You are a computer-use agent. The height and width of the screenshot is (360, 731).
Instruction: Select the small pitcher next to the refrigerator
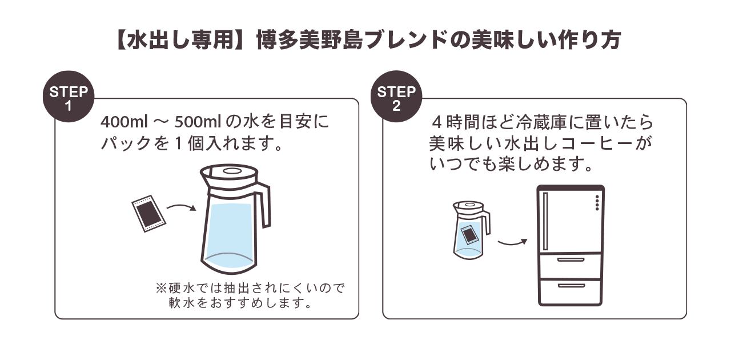(x=469, y=229)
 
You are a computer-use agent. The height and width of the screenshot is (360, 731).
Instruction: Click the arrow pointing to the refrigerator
(x=512, y=242)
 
